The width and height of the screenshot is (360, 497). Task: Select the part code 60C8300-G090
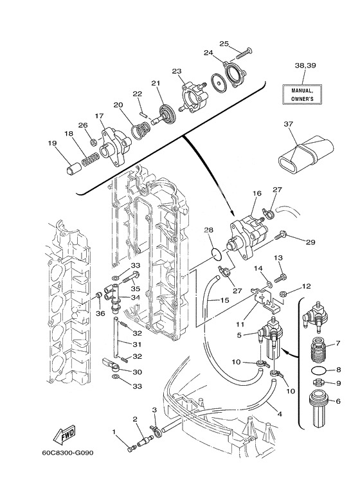(67, 453)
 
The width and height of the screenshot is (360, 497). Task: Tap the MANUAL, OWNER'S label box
(302, 95)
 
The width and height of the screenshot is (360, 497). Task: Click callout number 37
(289, 124)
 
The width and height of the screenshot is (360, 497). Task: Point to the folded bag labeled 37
(306, 154)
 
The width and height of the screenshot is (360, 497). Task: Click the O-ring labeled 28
(216, 254)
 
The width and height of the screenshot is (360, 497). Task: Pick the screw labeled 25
(244, 53)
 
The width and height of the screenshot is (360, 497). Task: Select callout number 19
(52, 143)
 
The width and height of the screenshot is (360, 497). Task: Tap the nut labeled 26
(93, 143)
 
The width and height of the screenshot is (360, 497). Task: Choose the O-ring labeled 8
(319, 370)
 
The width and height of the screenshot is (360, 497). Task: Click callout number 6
(338, 401)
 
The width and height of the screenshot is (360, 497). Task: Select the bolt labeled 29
(280, 236)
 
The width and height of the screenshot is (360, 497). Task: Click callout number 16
(257, 193)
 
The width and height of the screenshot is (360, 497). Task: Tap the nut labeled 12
(283, 294)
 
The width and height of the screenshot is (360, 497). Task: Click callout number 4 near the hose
(280, 413)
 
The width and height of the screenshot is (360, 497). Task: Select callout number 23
(177, 71)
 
